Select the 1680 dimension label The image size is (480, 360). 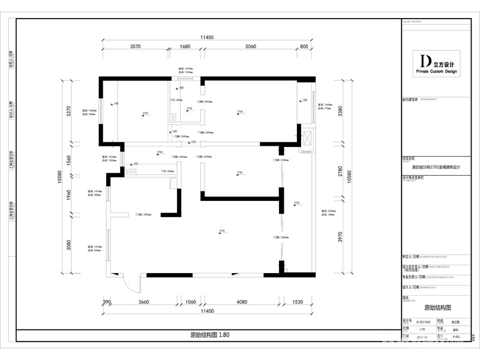click(x=185, y=46)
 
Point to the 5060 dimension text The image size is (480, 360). click(x=250, y=46)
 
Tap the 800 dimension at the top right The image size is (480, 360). click(x=304, y=46)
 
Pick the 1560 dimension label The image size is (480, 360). click(x=69, y=160)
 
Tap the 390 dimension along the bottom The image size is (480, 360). click(x=107, y=302)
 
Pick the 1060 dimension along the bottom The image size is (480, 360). click(x=191, y=302)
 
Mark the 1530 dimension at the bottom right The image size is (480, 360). click(x=297, y=302)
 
